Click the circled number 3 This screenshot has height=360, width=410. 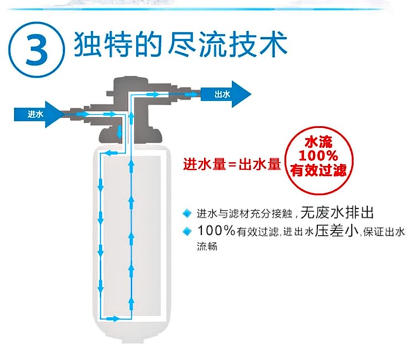pyautogui.click(x=37, y=50)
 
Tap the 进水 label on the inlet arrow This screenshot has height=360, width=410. pyautogui.click(x=35, y=114)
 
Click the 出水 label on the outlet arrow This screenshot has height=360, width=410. pyautogui.click(x=222, y=94)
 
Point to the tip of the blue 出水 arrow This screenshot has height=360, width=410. pyautogui.click(x=251, y=94)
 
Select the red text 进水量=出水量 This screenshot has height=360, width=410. pyautogui.click(x=232, y=164)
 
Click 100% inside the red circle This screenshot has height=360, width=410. pyautogui.click(x=318, y=155)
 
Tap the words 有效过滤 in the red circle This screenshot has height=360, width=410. pyautogui.click(x=318, y=170)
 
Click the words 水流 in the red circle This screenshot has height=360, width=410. pyautogui.click(x=319, y=142)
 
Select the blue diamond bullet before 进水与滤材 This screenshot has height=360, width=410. pyautogui.click(x=187, y=214)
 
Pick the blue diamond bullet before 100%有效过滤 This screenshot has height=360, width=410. pyautogui.click(x=187, y=231)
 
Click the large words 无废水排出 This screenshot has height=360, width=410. pyautogui.click(x=337, y=212)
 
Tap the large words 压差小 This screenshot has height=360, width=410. pyautogui.click(x=337, y=231)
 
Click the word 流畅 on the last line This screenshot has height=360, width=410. pyautogui.click(x=207, y=247)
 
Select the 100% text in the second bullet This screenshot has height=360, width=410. pyautogui.click(x=216, y=231)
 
